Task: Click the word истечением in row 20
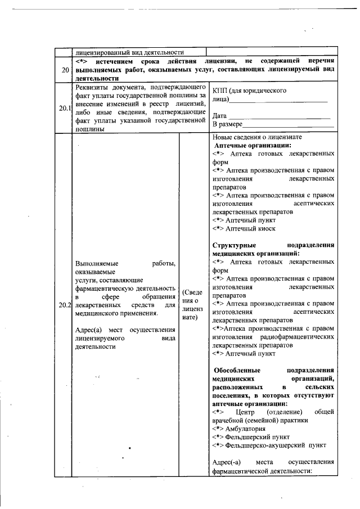click(x=121, y=60)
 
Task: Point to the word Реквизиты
click(x=93, y=88)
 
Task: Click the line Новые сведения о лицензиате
click(x=257, y=137)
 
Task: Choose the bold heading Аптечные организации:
click(x=252, y=145)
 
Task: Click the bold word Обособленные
click(x=236, y=371)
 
